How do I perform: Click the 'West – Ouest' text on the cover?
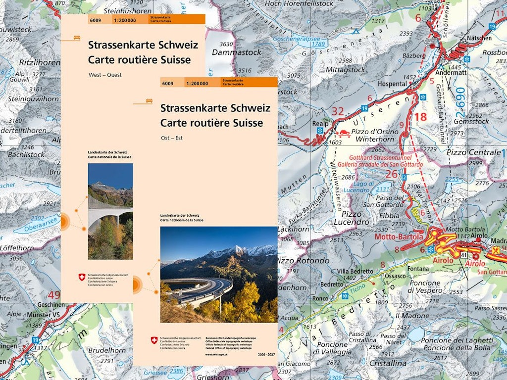(x=105, y=75)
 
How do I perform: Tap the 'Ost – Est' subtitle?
(x=171, y=138)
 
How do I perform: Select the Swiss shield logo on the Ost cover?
(x=154, y=340)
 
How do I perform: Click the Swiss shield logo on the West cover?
(x=82, y=278)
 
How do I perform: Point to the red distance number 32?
(x=338, y=111)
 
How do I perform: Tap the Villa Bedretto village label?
(x=355, y=271)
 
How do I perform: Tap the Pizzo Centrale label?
(x=473, y=152)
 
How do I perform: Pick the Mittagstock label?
(x=346, y=70)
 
